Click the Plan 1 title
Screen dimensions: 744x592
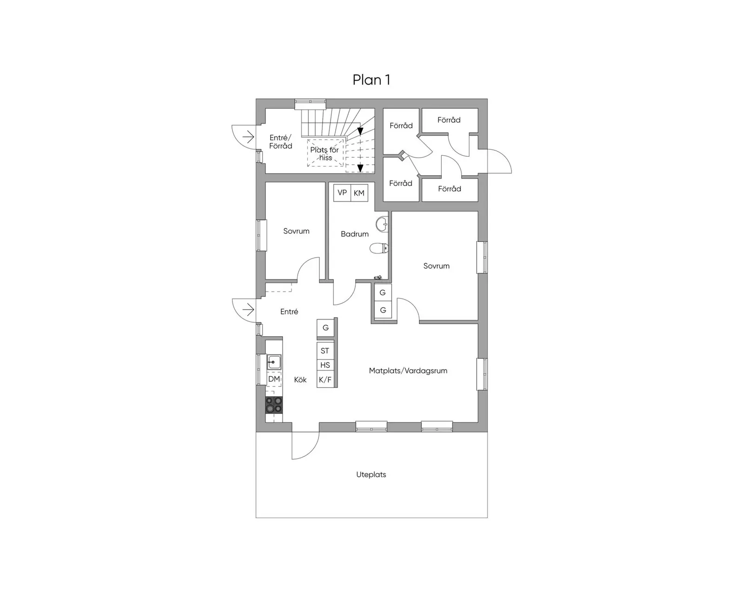pyautogui.click(x=372, y=80)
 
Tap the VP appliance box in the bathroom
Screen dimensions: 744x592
pyautogui.click(x=342, y=193)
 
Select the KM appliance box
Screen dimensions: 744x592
pyautogui.click(x=359, y=193)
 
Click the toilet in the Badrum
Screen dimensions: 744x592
pyautogui.click(x=379, y=248)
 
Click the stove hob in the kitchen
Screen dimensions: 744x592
pyautogui.click(x=274, y=405)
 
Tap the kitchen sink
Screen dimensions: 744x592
pyautogui.click(x=274, y=362)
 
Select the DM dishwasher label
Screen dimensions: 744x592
pyautogui.click(x=274, y=379)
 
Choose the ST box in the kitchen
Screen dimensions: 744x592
pyautogui.click(x=325, y=351)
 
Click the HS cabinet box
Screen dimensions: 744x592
pyautogui.click(x=325, y=365)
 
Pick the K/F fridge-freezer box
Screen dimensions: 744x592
pyautogui.click(x=325, y=379)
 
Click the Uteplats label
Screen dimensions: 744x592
pyautogui.click(x=371, y=474)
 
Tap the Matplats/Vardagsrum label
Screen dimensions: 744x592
pyautogui.click(x=408, y=371)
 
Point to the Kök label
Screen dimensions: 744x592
pyautogui.click(x=300, y=379)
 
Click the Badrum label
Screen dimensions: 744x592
pyautogui.click(x=355, y=234)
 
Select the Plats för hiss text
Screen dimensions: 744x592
pyautogui.click(x=325, y=154)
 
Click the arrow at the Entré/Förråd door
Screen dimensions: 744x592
pyautogui.click(x=248, y=137)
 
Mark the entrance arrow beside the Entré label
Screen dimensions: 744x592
pyautogui.click(x=248, y=309)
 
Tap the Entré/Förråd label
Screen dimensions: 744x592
pyautogui.click(x=281, y=142)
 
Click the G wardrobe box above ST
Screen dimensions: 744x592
pyautogui.click(x=325, y=327)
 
